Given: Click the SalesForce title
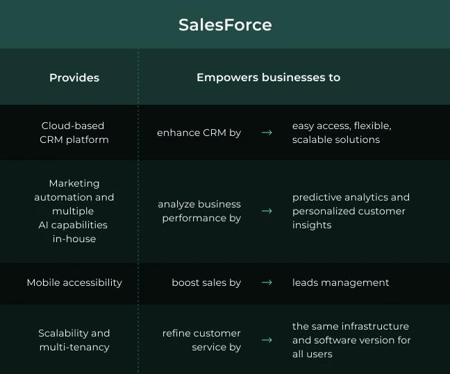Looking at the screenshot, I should point(225,25).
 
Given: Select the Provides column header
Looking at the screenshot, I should point(74,78).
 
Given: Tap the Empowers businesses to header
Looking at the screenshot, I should point(268,78).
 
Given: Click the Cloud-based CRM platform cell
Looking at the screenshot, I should point(73,133).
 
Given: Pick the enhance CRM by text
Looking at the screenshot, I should point(199,133).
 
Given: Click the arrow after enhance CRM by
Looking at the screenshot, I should point(267,133).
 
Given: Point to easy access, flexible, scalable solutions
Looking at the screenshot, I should point(342,133).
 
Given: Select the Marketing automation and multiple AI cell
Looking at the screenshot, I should point(74,204).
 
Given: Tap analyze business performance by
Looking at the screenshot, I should point(199,211).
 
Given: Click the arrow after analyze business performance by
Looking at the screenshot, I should point(267,211).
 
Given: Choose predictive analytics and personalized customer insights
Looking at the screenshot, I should point(351,211).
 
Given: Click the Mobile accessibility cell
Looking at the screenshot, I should point(74,282).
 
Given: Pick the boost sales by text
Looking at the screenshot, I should point(206,282).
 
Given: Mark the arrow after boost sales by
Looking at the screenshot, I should point(267,282).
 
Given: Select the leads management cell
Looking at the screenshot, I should point(340,282).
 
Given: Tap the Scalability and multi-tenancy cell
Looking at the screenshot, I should point(74,340).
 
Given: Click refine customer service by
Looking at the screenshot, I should point(201,340).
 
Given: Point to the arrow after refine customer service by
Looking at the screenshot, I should point(267,340).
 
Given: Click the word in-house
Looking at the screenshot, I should point(74,239).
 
